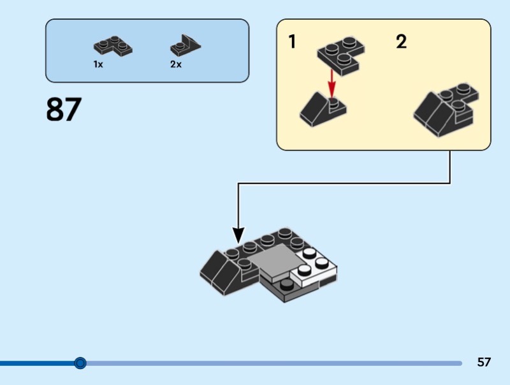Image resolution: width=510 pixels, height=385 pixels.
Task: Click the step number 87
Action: (64, 110)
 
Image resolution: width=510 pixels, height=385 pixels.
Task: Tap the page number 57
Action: (484, 363)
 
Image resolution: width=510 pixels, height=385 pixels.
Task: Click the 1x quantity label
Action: (98, 64)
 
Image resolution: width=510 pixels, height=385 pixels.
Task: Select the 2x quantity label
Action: (175, 64)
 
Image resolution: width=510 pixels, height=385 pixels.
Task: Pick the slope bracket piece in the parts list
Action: (184, 45)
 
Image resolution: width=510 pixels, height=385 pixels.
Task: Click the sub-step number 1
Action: (292, 43)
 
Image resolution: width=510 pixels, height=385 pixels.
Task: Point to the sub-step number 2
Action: (401, 43)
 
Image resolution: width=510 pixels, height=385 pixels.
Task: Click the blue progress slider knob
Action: (80, 363)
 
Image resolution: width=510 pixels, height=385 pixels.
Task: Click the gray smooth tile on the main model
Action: (276, 261)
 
